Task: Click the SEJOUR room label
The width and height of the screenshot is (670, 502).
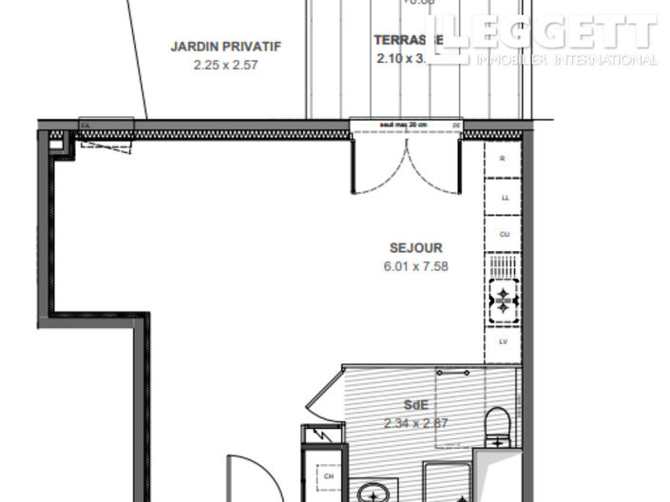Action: click(411, 248)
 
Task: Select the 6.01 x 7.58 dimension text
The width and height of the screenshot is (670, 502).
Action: click(411, 266)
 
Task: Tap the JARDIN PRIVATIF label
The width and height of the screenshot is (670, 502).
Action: click(226, 46)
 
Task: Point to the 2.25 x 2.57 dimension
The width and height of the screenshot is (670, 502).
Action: click(226, 65)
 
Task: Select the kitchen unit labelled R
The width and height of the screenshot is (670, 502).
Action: click(503, 160)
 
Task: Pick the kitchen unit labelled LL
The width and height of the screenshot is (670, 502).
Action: click(503, 197)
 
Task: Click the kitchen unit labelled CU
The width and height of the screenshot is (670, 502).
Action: click(503, 234)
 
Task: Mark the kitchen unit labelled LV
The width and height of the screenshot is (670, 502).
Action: click(503, 341)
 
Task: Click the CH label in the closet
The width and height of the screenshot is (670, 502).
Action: click(329, 476)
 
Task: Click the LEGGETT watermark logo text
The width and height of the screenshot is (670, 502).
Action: click(552, 32)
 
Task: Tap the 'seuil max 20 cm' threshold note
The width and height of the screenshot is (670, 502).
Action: click(404, 125)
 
